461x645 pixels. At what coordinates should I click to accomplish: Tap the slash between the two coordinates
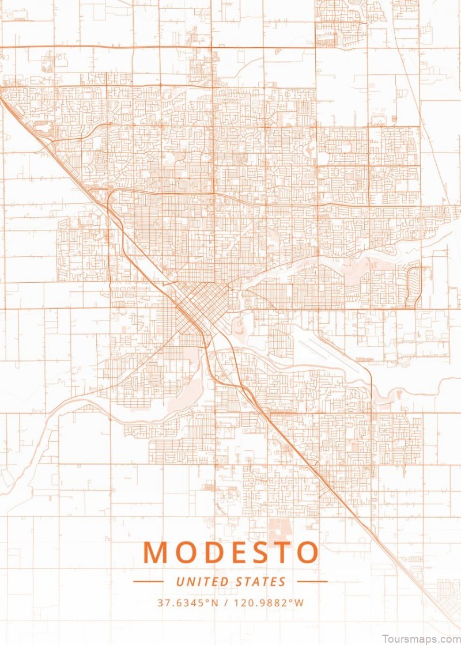pyautogui.click(x=229, y=603)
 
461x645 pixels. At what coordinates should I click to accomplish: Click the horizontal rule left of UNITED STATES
pyautogui.click(x=148, y=582)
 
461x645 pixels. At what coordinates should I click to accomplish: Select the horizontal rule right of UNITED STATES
pyautogui.click(x=312, y=582)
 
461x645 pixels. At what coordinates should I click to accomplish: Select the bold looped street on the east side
pyautogui.click(x=413, y=287)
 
